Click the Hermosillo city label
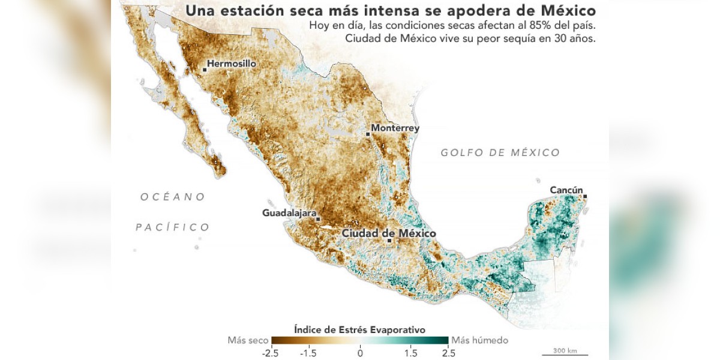click(x=232, y=63)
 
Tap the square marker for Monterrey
click(x=368, y=134)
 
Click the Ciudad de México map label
click(x=389, y=233)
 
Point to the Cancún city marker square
click(x=585, y=196)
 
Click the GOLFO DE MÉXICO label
click(x=500, y=152)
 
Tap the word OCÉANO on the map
click(x=173, y=197)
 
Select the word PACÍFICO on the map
click(x=172, y=227)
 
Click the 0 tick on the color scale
click(x=360, y=352)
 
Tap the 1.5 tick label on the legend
click(x=411, y=352)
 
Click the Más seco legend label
click(x=248, y=340)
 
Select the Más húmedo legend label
click(x=479, y=340)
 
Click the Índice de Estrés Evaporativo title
click(x=360, y=329)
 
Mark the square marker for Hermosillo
click(x=205, y=70)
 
